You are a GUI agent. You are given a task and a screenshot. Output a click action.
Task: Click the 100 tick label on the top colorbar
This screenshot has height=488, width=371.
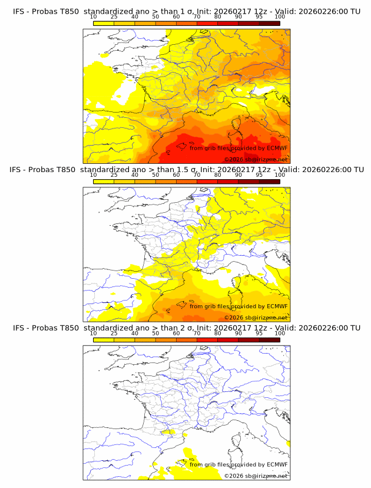[280, 17]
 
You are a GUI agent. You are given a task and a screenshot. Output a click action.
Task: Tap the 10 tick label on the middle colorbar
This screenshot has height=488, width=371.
[93, 175]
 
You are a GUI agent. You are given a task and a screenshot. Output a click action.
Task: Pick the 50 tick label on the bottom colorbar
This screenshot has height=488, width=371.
[155, 334]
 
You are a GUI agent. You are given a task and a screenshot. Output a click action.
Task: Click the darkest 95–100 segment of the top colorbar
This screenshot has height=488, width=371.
[269, 23]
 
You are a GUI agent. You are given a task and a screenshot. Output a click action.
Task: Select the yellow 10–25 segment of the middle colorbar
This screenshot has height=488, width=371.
[103, 181]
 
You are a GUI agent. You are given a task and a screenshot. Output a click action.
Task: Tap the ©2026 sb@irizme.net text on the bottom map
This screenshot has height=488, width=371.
[256, 476]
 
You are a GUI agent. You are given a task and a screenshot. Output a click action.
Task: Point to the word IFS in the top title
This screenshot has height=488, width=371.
[19, 11]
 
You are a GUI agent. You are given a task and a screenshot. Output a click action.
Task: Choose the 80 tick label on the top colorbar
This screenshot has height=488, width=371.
[217, 17]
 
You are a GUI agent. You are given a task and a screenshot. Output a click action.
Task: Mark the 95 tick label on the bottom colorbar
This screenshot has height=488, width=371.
[259, 334]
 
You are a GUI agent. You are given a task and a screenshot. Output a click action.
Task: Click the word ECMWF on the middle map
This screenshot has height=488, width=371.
[277, 306]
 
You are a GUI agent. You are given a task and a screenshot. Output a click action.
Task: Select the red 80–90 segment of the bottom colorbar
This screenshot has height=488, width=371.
[227, 339]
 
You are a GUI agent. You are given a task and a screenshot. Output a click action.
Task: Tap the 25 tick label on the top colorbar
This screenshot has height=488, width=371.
[114, 17]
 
